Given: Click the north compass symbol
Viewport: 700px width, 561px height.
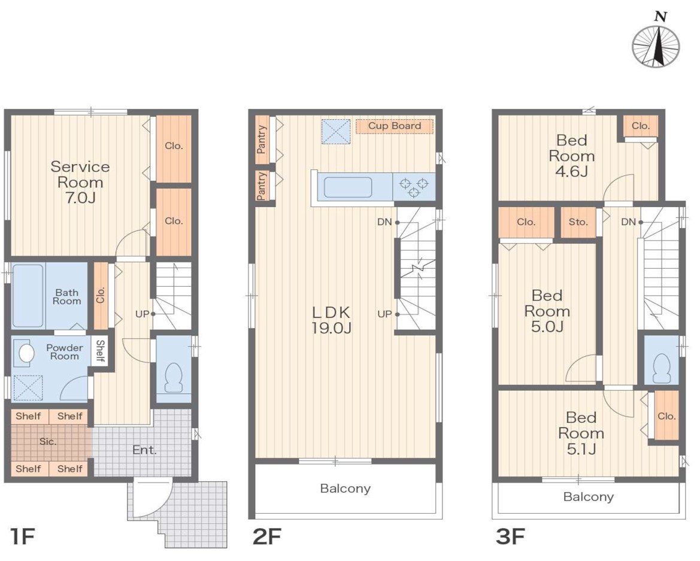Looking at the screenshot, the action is (x=656, y=46).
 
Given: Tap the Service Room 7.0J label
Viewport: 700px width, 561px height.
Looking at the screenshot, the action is (x=80, y=182).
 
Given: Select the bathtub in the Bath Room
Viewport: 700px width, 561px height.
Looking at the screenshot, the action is (x=28, y=296).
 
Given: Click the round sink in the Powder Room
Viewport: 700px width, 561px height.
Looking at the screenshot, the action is (x=26, y=353).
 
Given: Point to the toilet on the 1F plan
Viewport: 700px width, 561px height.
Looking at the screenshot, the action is (x=174, y=376).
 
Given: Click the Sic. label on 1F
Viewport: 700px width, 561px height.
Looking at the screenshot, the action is (x=48, y=442).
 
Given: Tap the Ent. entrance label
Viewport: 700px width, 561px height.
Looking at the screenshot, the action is (x=144, y=450).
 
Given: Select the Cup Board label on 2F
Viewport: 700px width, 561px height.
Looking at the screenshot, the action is (x=394, y=126).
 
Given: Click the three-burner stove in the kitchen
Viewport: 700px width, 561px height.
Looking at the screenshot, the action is (x=414, y=187).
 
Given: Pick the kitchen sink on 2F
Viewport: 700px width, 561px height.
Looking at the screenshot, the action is (x=348, y=187).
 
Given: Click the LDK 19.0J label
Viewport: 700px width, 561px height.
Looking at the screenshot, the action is (x=331, y=320).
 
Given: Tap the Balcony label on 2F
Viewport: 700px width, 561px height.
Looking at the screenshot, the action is (x=345, y=489).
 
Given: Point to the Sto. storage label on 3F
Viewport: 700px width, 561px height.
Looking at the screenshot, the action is (x=578, y=222).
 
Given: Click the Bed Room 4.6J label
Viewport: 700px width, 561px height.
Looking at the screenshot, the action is (x=571, y=156).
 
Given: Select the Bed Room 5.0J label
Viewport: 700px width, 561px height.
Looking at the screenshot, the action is (x=547, y=311).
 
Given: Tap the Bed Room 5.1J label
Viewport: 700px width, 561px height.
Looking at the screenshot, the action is (x=581, y=433).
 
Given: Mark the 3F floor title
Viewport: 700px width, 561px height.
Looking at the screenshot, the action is (x=510, y=536).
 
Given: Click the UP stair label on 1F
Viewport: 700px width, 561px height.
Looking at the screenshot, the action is (x=143, y=314).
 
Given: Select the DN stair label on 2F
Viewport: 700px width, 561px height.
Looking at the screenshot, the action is (x=384, y=222).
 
